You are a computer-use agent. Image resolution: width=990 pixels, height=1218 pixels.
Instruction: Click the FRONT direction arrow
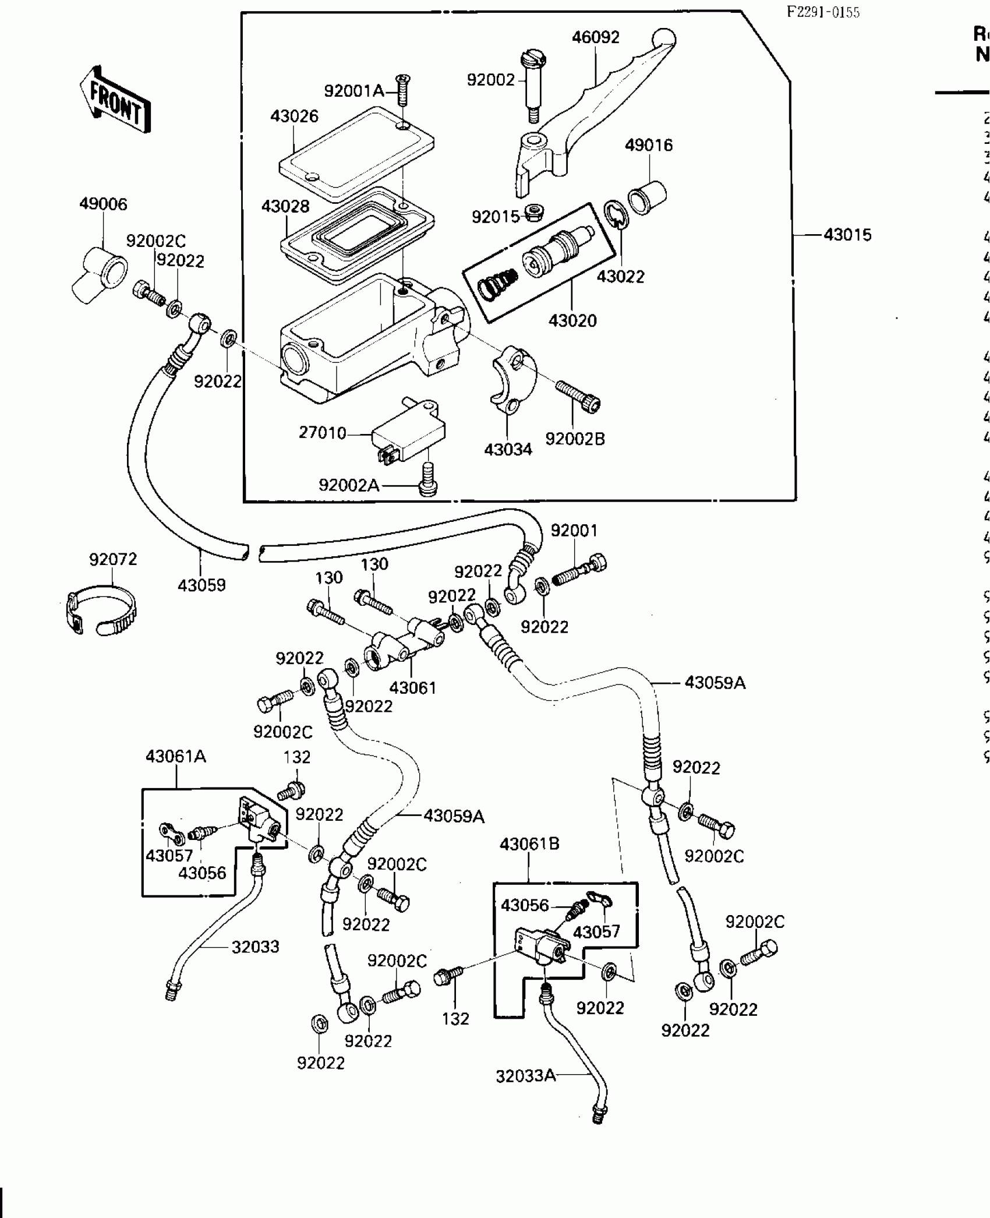115,100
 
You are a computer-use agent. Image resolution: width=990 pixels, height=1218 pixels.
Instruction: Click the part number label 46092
595,37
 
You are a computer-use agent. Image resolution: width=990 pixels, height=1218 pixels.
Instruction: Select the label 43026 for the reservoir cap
294,116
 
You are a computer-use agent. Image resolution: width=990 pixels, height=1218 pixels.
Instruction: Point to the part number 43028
285,206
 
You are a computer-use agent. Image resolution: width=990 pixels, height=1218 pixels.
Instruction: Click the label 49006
103,204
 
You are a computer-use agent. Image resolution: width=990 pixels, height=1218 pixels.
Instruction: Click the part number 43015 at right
847,235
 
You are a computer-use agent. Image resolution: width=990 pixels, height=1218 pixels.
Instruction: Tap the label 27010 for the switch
322,433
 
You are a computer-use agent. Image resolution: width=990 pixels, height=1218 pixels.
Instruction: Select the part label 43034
508,449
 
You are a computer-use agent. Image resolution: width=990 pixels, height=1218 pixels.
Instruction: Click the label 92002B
575,439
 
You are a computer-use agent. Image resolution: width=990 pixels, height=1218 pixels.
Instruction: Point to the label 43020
572,320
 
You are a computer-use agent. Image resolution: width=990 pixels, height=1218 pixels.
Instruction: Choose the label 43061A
176,757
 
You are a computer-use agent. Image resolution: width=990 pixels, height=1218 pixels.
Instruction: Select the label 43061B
529,844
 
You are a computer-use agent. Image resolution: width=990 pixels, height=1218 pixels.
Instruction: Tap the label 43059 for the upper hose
201,585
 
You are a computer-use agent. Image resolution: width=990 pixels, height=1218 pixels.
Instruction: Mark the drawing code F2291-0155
823,13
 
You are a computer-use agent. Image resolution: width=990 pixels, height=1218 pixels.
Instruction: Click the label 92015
495,217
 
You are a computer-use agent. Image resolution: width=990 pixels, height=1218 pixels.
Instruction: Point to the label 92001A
354,91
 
